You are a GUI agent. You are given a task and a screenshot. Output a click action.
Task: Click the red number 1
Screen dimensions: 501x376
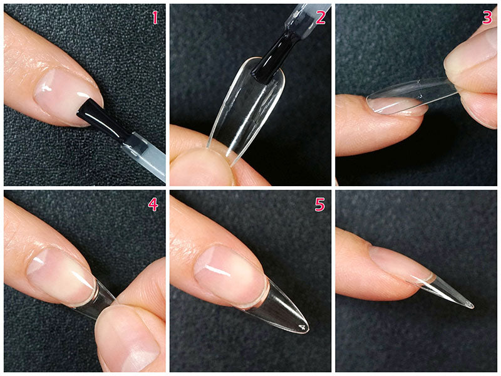coord(155,18)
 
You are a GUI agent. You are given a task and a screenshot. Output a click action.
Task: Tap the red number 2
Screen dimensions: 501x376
coord(321,18)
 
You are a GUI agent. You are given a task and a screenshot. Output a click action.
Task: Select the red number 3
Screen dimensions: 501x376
coord(487,18)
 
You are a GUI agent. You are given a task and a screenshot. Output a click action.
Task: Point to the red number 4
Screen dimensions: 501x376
coord(153,204)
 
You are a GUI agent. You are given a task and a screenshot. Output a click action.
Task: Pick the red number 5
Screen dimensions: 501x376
coord(320,204)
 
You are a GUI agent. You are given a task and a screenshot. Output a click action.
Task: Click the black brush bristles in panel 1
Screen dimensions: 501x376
coord(102,119)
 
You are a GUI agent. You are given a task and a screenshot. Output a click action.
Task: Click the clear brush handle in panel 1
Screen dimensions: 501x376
coord(145,157)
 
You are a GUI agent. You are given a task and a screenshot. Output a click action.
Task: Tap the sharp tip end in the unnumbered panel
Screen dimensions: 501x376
coord(472,306)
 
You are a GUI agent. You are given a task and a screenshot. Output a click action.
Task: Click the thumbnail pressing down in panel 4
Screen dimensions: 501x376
coord(130,343)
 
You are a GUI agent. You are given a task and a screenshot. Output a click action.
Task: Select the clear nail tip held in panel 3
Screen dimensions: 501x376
coord(412,96)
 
